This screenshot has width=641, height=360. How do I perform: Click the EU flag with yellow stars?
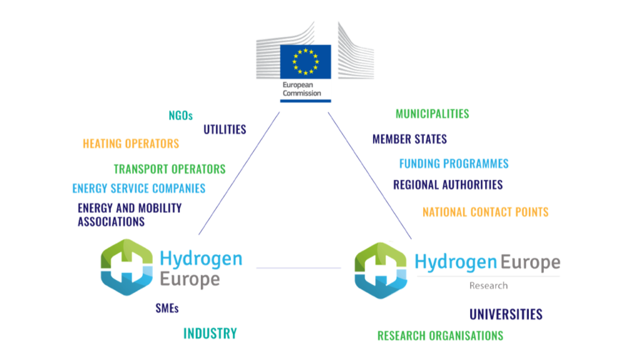(x=305, y=62)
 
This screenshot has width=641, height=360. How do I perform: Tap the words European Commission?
(x=302, y=89)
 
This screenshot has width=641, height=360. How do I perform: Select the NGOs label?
(x=181, y=116)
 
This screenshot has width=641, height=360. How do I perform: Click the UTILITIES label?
(x=225, y=130)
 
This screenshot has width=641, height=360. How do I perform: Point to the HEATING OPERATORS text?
(x=131, y=143)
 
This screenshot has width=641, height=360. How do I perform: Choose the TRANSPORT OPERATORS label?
(x=170, y=169)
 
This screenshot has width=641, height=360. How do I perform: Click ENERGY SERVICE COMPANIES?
(x=139, y=188)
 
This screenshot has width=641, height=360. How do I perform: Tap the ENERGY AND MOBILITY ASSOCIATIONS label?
(x=130, y=215)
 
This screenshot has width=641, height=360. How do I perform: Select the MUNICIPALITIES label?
(x=432, y=114)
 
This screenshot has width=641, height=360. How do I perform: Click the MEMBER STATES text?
(x=409, y=139)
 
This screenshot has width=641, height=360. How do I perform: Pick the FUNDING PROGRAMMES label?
(x=454, y=163)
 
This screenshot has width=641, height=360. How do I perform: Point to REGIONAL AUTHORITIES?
(x=448, y=185)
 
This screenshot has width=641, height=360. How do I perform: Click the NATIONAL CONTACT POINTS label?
(x=486, y=212)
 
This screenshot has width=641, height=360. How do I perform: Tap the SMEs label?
(x=167, y=308)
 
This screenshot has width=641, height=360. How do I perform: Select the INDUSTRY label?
(x=210, y=334)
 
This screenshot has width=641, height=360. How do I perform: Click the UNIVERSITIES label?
(x=506, y=314)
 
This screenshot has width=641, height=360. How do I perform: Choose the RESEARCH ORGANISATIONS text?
(x=440, y=336)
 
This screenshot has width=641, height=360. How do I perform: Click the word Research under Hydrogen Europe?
(x=488, y=285)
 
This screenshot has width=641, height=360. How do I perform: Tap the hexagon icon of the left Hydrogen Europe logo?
(x=126, y=267)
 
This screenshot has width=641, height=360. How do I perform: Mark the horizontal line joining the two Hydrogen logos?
(x=299, y=268)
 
